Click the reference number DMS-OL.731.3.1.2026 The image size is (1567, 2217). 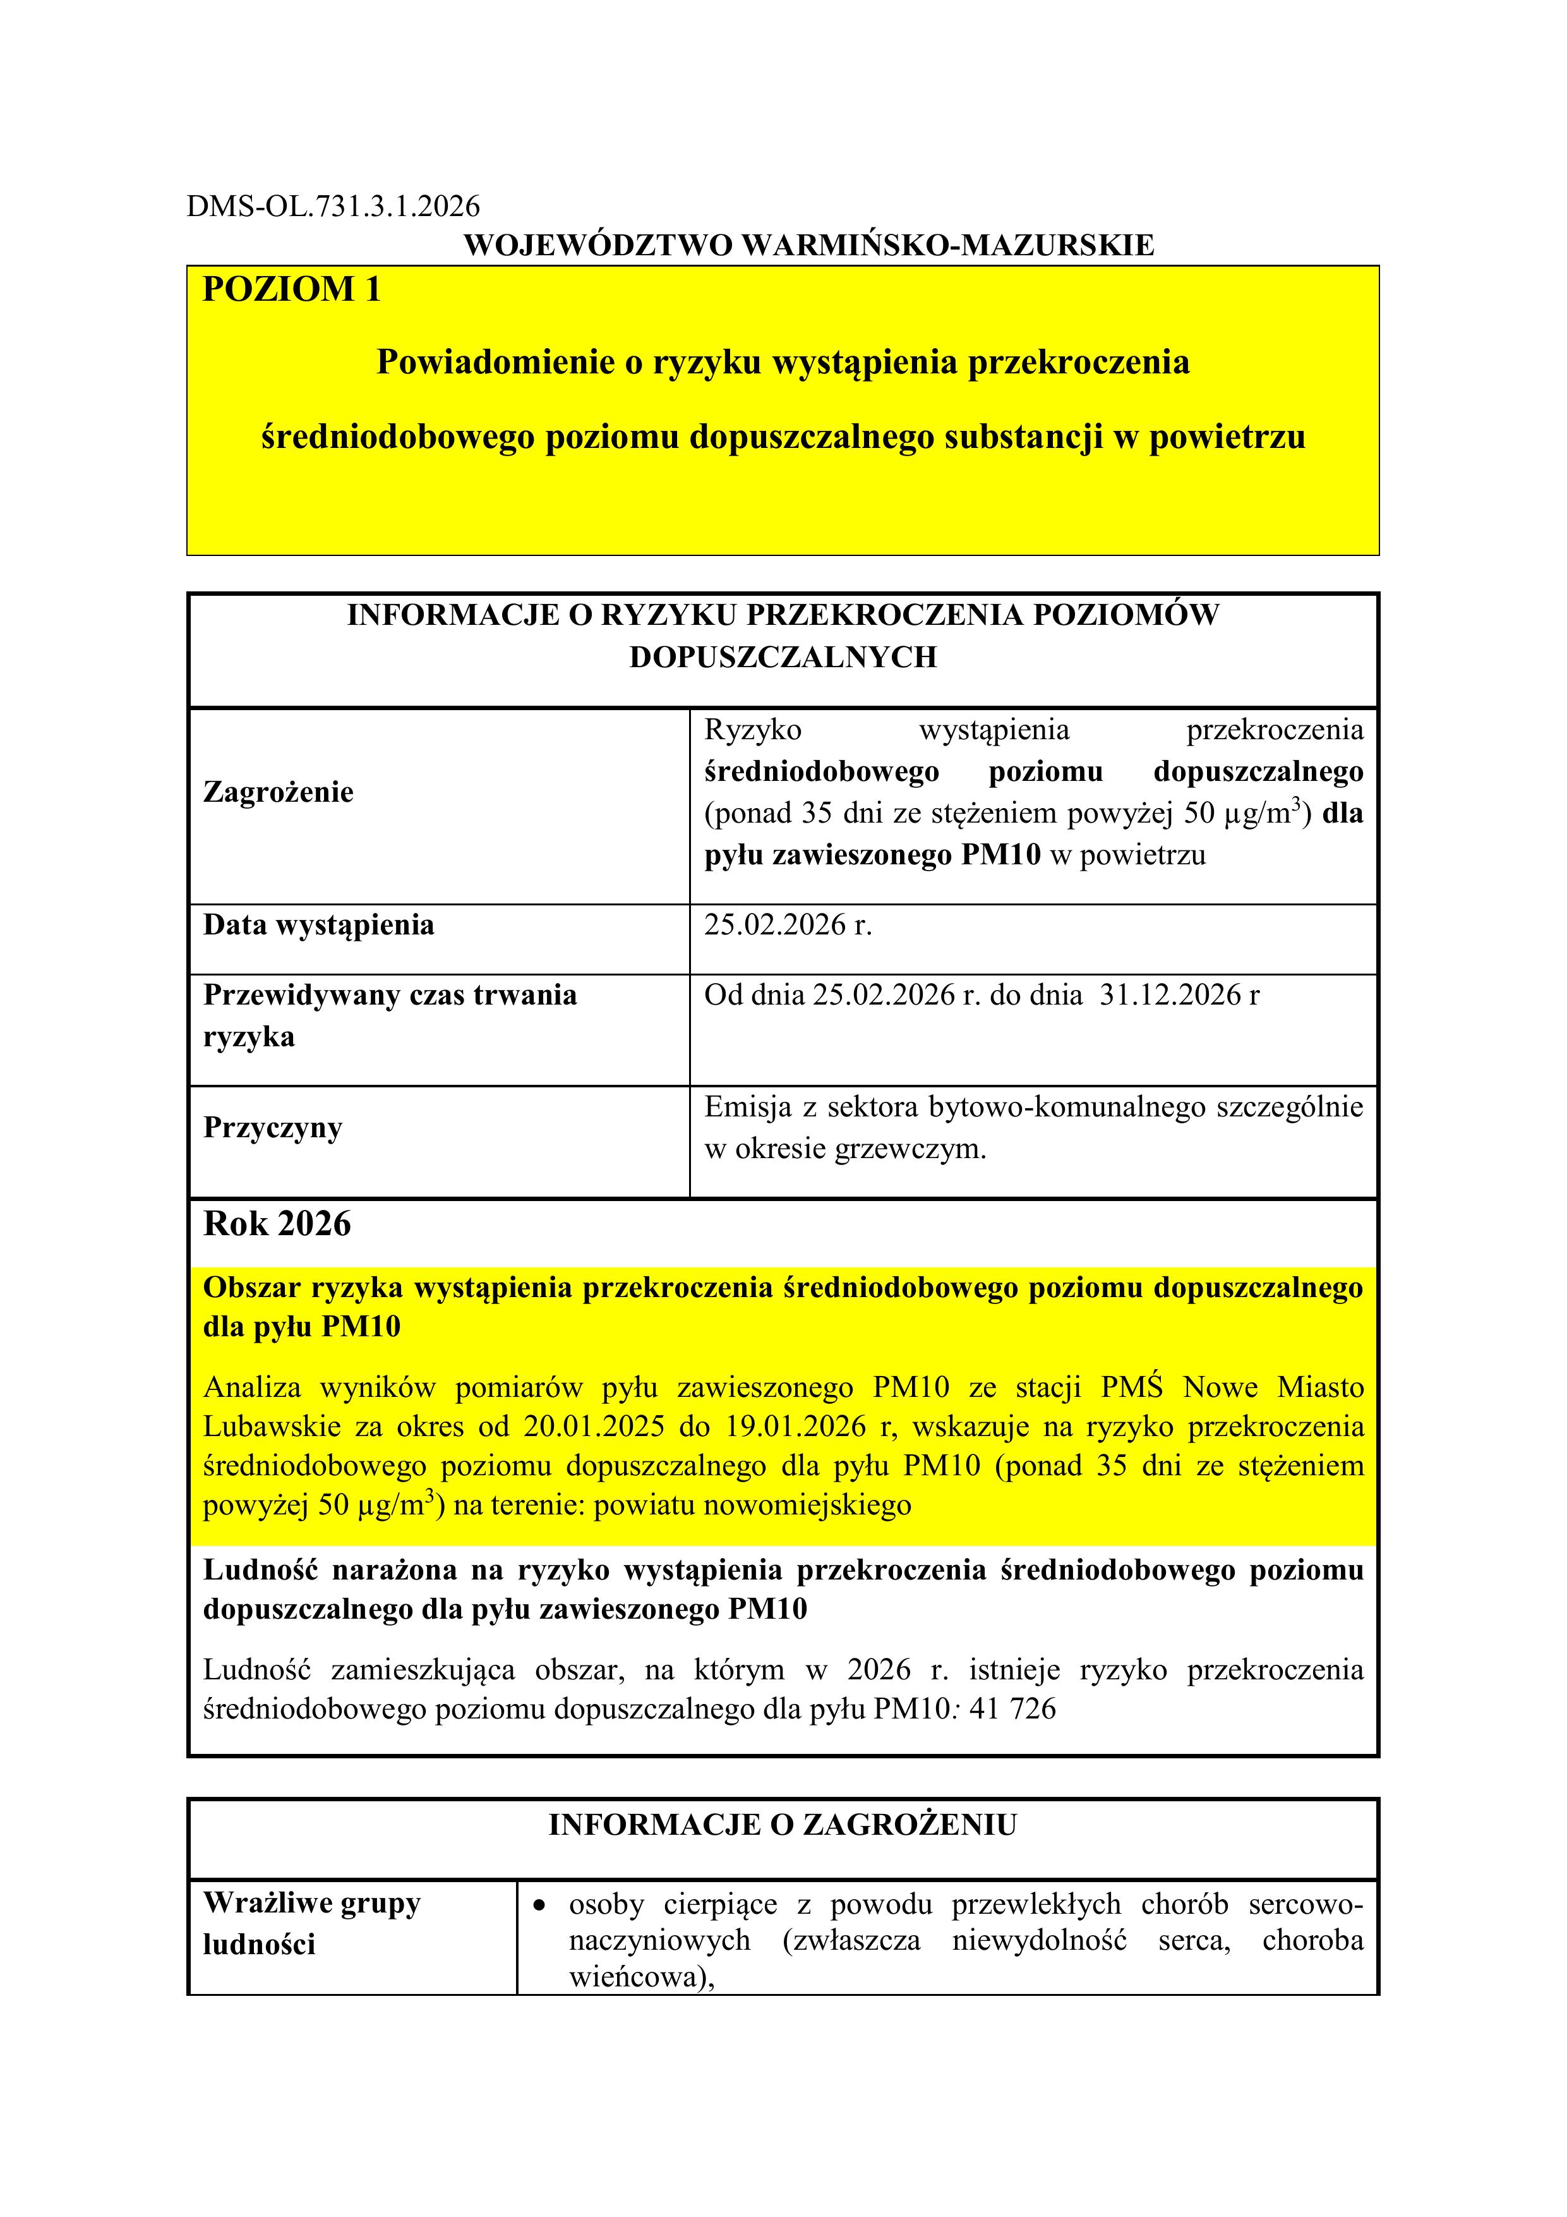(332, 206)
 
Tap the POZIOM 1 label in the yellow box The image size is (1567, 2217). (292, 289)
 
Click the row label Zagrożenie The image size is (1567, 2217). (278, 793)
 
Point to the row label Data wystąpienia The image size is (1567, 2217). (318, 925)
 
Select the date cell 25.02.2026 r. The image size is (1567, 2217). (787, 925)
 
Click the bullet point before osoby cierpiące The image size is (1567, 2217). (541, 1905)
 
